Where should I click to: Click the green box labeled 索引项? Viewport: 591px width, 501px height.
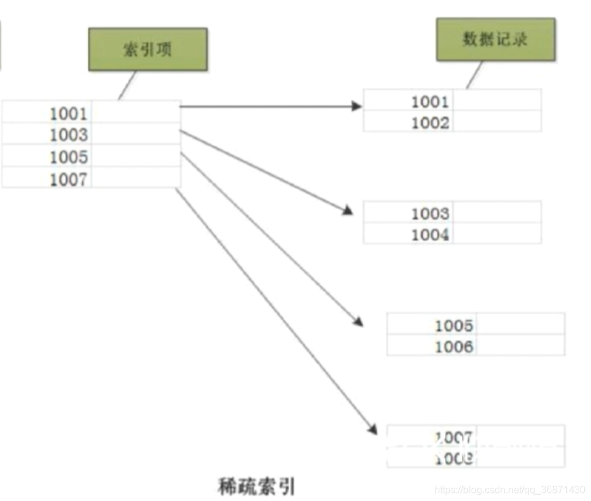pyautogui.click(x=148, y=49)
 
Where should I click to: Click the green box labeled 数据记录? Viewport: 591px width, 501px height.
pyautogui.click(x=495, y=38)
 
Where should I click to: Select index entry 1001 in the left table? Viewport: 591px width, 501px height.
pyautogui.click(x=69, y=113)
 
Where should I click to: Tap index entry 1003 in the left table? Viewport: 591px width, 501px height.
pyautogui.click(x=69, y=134)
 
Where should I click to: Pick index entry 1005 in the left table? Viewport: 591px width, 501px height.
pyautogui.click(x=69, y=157)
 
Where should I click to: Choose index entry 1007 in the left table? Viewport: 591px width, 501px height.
pyautogui.click(x=69, y=179)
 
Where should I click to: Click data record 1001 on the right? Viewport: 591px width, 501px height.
pyautogui.click(x=429, y=102)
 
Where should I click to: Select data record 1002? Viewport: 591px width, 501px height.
pyautogui.click(x=429, y=123)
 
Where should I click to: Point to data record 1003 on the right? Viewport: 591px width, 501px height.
pyautogui.click(x=429, y=213)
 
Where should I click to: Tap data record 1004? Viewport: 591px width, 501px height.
pyautogui.click(x=429, y=234)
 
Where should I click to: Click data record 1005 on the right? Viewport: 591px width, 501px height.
pyautogui.click(x=454, y=325)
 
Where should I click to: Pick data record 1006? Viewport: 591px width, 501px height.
pyautogui.click(x=454, y=346)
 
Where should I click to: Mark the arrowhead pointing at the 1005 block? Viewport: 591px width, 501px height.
pyautogui.click(x=358, y=322)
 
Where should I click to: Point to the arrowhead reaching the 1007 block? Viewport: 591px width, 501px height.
pyautogui.click(x=373, y=429)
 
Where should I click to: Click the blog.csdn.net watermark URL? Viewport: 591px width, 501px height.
pyautogui.click(x=510, y=490)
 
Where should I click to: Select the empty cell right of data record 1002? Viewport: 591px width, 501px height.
pyautogui.click(x=497, y=123)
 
